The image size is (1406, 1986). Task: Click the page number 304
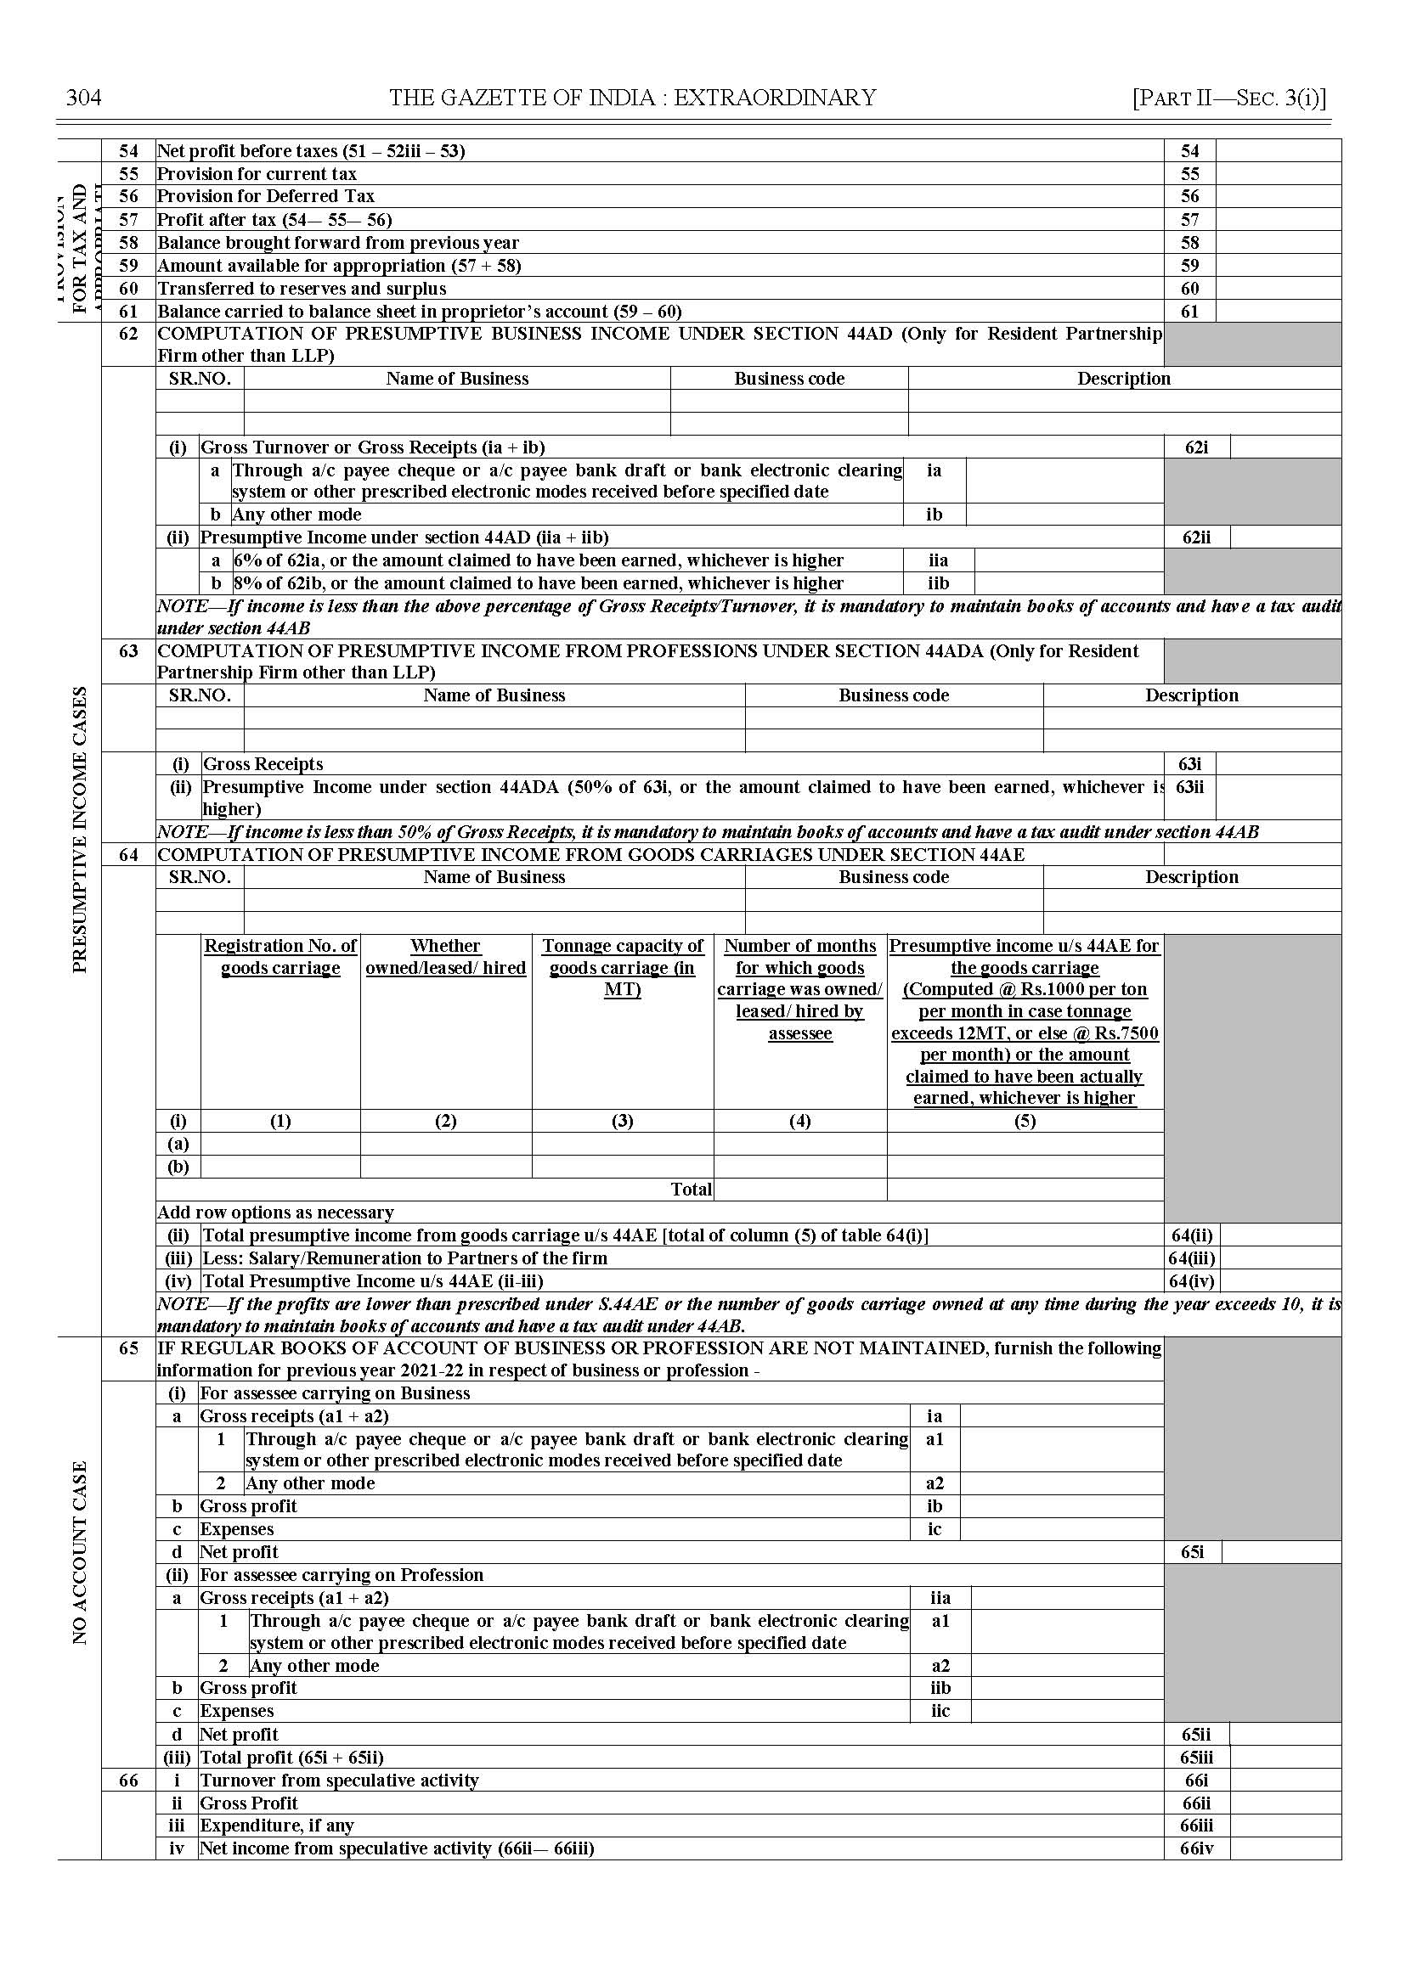(x=84, y=98)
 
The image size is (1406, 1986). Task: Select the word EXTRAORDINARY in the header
(x=775, y=98)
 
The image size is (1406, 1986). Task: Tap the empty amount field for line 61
(x=1278, y=312)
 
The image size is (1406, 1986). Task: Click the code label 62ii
(x=1196, y=537)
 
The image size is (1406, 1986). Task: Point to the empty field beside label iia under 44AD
(x=1069, y=560)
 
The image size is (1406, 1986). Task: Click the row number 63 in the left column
(x=128, y=650)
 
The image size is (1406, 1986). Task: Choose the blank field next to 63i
(x=1278, y=764)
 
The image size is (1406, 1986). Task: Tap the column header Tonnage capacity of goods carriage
(x=623, y=967)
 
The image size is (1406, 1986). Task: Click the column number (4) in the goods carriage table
(x=800, y=1121)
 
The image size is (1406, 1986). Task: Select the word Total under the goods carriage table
(x=691, y=1189)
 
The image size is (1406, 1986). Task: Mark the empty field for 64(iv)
(x=1280, y=1280)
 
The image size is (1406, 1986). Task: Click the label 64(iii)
(x=1191, y=1258)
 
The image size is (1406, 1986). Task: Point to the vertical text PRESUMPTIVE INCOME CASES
(x=80, y=830)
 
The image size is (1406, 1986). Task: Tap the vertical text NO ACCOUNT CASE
(x=80, y=1552)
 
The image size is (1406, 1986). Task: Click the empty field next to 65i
(x=1281, y=1551)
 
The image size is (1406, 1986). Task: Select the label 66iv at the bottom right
(x=1196, y=1848)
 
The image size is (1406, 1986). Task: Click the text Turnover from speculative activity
(x=339, y=1780)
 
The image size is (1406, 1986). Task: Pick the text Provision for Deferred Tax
(x=266, y=196)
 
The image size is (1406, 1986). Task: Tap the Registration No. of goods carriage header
(x=280, y=957)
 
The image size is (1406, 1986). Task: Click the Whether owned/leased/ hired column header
(x=446, y=957)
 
